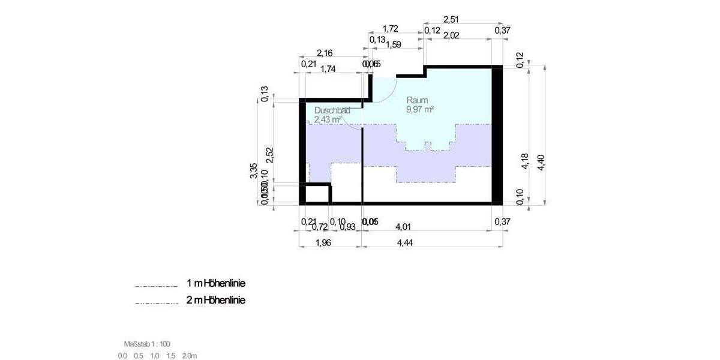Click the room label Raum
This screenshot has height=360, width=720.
(x=417, y=100)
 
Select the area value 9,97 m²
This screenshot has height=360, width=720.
(x=420, y=109)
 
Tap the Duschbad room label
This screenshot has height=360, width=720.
(x=331, y=111)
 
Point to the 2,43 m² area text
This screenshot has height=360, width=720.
(x=328, y=120)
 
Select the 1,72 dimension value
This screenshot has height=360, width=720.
(x=391, y=29)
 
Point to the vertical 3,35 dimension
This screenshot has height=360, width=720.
(x=254, y=170)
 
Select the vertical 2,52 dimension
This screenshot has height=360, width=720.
(x=270, y=154)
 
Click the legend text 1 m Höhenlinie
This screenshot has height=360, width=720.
(x=216, y=283)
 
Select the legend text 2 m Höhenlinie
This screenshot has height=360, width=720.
(x=216, y=300)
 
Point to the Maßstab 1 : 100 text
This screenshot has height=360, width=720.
(x=147, y=344)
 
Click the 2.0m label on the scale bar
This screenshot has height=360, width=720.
(x=190, y=356)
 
